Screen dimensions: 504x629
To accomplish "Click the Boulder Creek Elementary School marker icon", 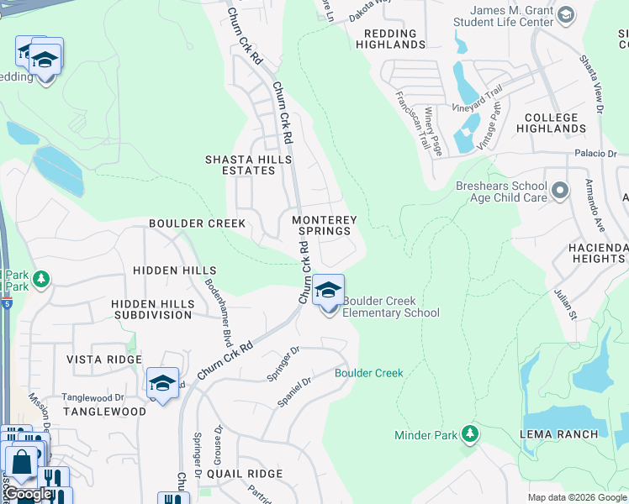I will [328, 292].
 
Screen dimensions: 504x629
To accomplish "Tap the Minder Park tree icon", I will [470, 434].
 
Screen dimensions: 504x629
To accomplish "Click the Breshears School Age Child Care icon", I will [560, 192].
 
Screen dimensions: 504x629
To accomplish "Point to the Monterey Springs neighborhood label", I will [325, 225].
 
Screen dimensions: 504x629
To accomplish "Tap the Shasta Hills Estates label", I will [249, 165].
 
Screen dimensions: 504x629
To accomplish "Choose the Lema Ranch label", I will [571, 434].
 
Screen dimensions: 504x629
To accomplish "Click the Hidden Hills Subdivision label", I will [152, 308].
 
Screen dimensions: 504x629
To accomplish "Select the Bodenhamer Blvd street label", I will [217, 312].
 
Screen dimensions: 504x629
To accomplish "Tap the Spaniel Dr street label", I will [295, 393].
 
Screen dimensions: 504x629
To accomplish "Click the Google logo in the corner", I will [28, 494].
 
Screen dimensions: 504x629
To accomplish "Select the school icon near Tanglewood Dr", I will [162, 385].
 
